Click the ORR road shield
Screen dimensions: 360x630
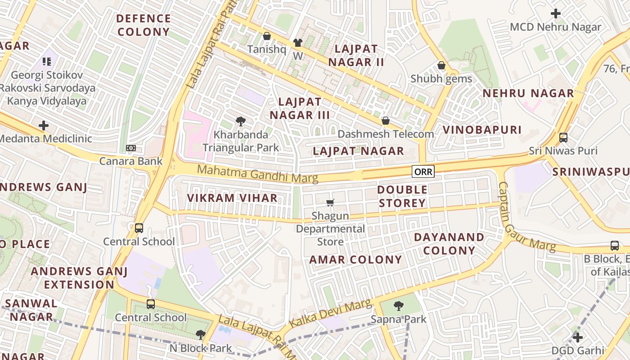(x=423, y=171)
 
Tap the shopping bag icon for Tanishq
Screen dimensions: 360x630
(x=266, y=36)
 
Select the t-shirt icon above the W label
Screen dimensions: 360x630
(x=297, y=43)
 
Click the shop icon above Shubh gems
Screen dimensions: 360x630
(x=441, y=65)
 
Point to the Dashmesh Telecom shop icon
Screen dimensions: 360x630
(x=385, y=121)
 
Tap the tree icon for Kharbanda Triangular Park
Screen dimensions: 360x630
(x=241, y=121)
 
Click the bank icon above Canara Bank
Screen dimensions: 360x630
(x=131, y=148)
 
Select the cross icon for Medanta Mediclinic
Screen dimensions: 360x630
(x=44, y=125)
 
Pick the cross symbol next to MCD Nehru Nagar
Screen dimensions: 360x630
(x=556, y=13)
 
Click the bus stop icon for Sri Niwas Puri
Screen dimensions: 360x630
(x=563, y=137)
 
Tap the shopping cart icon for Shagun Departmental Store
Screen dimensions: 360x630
(x=330, y=202)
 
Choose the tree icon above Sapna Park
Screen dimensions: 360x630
(x=398, y=306)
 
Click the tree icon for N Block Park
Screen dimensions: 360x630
(x=200, y=335)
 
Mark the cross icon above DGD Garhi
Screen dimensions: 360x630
(x=578, y=337)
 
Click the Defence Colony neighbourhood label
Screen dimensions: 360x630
(x=144, y=25)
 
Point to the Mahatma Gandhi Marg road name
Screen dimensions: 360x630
(x=257, y=174)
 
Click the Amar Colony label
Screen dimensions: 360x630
(x=355, y=260)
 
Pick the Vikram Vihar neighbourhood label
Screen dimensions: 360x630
(x=232, y=198)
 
